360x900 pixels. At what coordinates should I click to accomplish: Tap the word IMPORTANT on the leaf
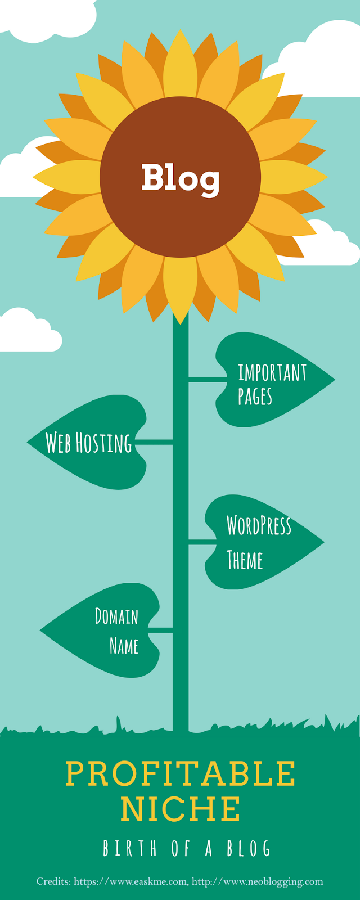pyautogui.click(x=272, y=373)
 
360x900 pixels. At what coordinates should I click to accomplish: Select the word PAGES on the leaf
pyautogui.click(x=255, y=397)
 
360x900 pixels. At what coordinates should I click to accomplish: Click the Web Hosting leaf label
pyautogui.click(x=88, y=443)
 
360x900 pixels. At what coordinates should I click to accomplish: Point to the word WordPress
pyautogui.click(x=259, y=525)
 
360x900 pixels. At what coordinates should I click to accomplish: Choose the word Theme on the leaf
pyautogui.click(x=245, y=560)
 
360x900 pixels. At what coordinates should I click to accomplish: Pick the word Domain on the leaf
pyautogui.click(x=116, y=616)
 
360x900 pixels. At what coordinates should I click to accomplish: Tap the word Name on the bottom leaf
pyautogui.click(x=124, y=646)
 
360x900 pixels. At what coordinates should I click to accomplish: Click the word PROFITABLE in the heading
pyautogui.click(x=180, y=774)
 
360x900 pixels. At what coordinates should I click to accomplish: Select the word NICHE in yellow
pyautogui.click(x=180, y=809)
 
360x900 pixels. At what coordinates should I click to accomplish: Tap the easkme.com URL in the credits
pyautogui.click(x=130, y=882)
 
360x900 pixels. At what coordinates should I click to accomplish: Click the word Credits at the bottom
pyautogui.click(x=53, y=882)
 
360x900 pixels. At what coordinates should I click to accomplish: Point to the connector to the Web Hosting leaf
pyautogui.click(x=153, y=443)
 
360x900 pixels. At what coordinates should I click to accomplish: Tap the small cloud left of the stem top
pyautogui.click(x=28, y=332)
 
